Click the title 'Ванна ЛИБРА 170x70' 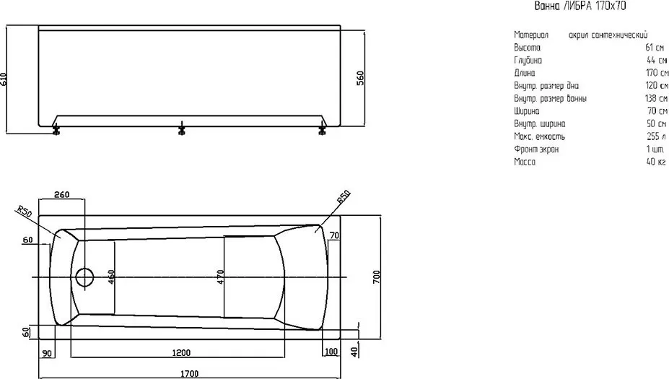click(x=580, y=6)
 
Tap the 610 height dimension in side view click(x=4, y=79)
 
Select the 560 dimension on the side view click(x=361, y=78)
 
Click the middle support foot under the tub click(x=182, y=128)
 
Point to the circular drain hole click(x=84, y=277)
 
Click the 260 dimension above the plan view click(x=62, y=195)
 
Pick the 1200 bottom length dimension click(x=181, y=352)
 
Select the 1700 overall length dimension click(x=189, y=374)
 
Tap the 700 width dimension click(x=376, y=277)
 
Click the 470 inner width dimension click(x=220, y=277)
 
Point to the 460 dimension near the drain click(x=111, y=277)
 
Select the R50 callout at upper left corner click(x=25, y=211)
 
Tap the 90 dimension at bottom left click(x=47, y=354)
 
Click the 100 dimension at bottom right click(x=331, y=352)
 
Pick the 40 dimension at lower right click(x=354, y=352)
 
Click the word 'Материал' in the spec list click(x=531, y=35)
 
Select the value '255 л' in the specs click(x=656, y=136)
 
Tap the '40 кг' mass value click(x=656, y=162)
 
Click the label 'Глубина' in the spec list click(x=528, y=61)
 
